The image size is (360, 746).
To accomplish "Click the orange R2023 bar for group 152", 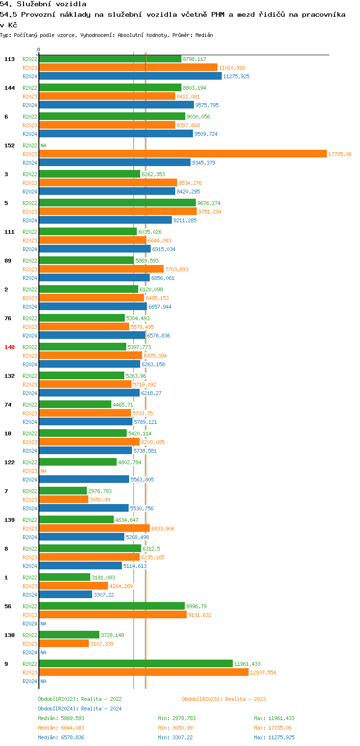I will pos(182,154).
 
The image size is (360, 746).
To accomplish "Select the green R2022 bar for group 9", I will pos(136,663).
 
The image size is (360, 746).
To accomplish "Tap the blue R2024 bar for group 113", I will pos(130,76).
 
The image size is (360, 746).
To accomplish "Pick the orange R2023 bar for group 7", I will pos(63,500).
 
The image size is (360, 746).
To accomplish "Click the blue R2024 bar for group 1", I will pos(65,595).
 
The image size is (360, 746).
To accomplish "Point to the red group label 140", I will pos(10,347).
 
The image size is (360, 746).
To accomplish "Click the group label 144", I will pos(10,88).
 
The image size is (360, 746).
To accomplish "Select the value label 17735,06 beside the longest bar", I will pos(340,154).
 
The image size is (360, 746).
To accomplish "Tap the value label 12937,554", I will pos(263,673).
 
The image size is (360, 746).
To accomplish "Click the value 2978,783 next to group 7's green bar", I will pos(100,491).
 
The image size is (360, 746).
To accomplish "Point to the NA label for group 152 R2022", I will pos(43,145).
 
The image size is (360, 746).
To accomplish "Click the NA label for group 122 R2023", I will pos(43,471).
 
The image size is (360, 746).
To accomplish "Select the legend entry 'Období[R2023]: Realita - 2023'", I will pos(224,699).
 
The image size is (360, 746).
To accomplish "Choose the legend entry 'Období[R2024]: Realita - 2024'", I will pos(80,709).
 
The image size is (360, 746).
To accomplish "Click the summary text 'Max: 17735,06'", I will pos(273,728).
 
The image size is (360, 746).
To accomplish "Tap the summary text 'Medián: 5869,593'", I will pos(61,718).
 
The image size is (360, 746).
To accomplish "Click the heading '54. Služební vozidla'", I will pos(43,4).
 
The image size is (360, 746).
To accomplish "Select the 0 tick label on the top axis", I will pos(39,49).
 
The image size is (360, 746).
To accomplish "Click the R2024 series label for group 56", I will pos(30,624).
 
